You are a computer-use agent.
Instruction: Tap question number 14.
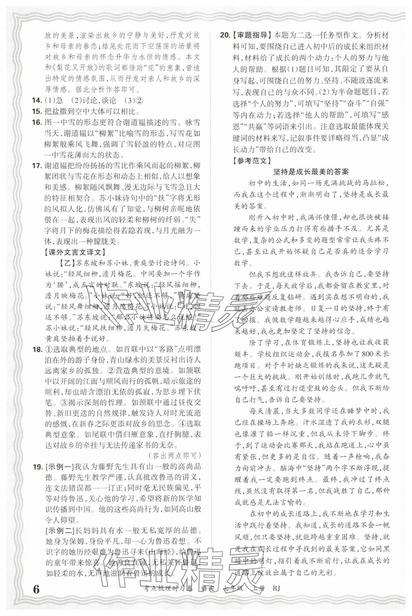38,101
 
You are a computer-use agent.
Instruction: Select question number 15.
38,111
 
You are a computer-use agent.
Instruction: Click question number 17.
38,165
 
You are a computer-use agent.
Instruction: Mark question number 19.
38,466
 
